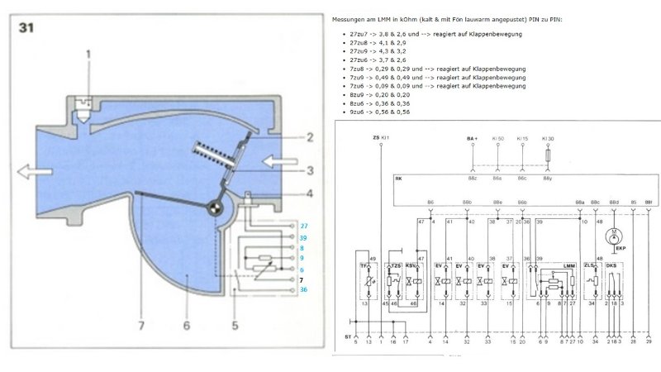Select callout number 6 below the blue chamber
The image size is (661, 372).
187,326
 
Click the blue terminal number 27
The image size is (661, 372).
304,226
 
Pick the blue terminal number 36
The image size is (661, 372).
304,289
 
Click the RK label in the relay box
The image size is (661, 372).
399,178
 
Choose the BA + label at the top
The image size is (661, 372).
472,137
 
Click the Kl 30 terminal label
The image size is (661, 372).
546,137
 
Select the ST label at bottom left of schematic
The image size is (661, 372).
350,336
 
